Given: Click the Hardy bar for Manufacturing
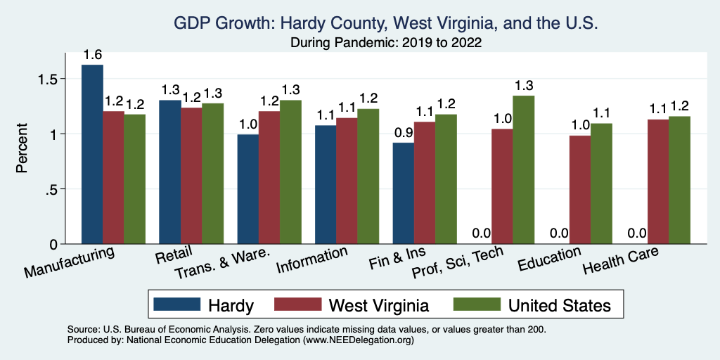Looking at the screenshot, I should click(92, 155).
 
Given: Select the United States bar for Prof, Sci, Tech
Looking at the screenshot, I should click(523, 170).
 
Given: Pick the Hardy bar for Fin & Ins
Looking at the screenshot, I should click(403, 193).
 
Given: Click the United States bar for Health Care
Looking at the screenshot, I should click(679, 180).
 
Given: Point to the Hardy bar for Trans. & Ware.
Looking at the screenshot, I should click(247, 189).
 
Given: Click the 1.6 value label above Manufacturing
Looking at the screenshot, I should click(92, 55).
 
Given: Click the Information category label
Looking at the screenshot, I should click(312, 260).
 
